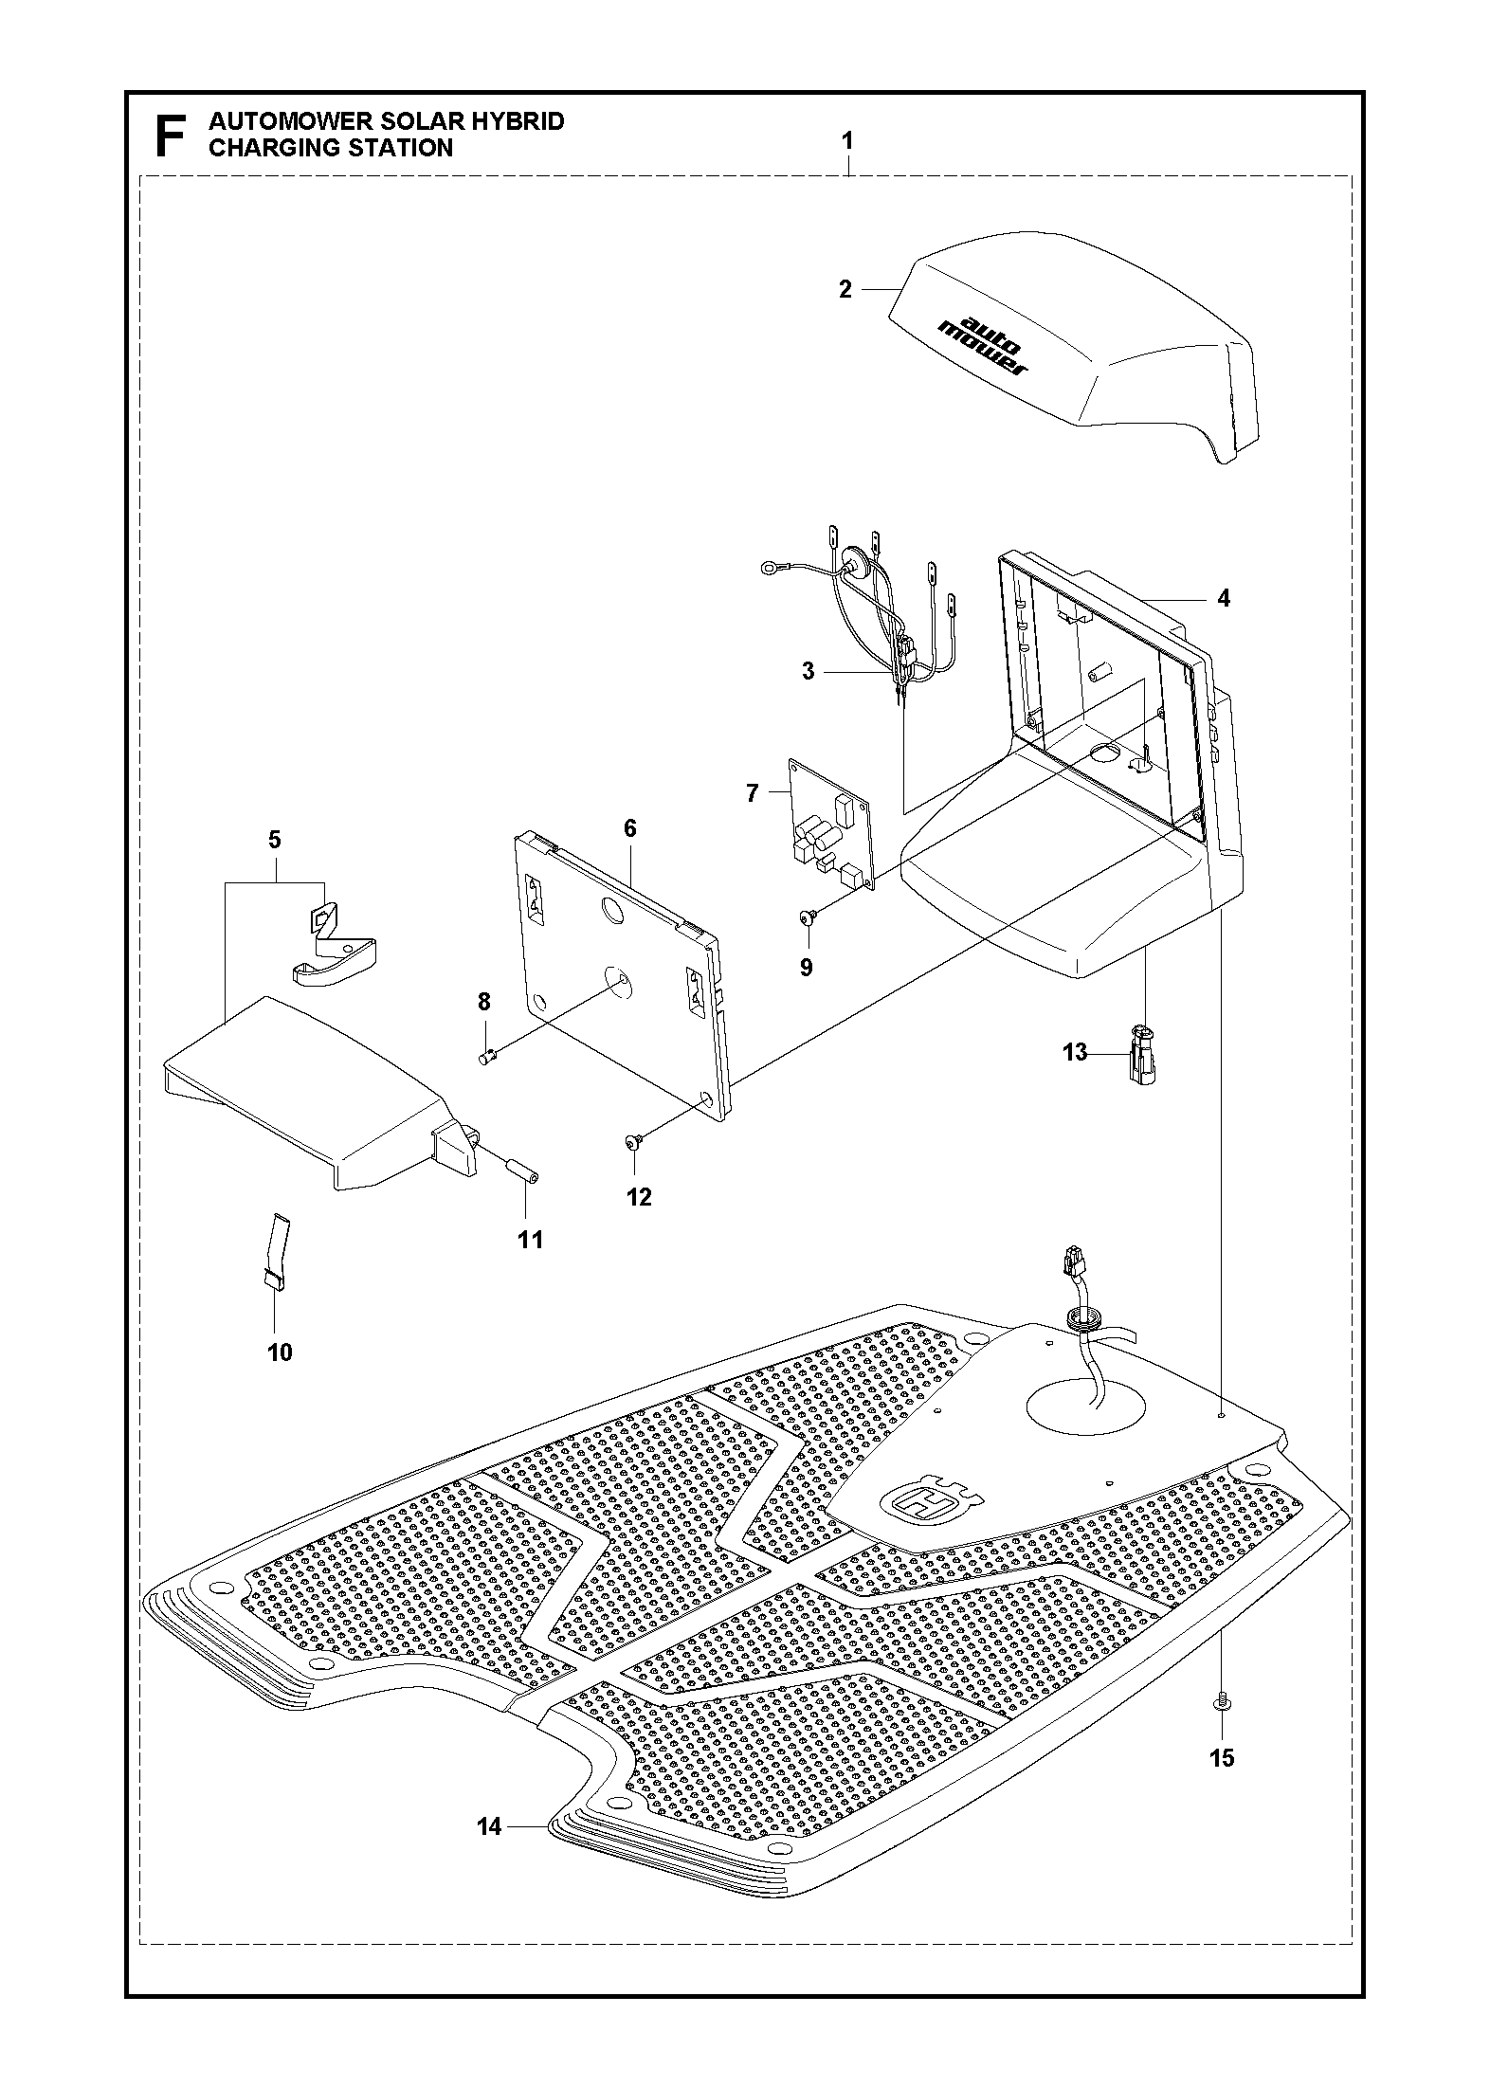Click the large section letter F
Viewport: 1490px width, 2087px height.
pyautogui.click(x=170, y=136)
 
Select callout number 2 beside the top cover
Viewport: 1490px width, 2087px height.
pyautogui.click(x=845, y=290)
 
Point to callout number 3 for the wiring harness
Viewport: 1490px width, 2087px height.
pyautogui.click(x=808, y=672)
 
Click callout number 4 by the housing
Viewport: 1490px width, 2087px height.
pyautogui.click(x=1223, y=598)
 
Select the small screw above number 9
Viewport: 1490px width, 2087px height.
pyautogui.click(x=808, y=916)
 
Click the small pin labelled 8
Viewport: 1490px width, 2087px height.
pyautogui.click(x=486, y=1057)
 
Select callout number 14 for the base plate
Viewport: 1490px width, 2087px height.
pyautogui.click(x=489, y=1826)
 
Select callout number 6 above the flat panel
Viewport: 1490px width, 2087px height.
pyautogui.click(x=630, y=827)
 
